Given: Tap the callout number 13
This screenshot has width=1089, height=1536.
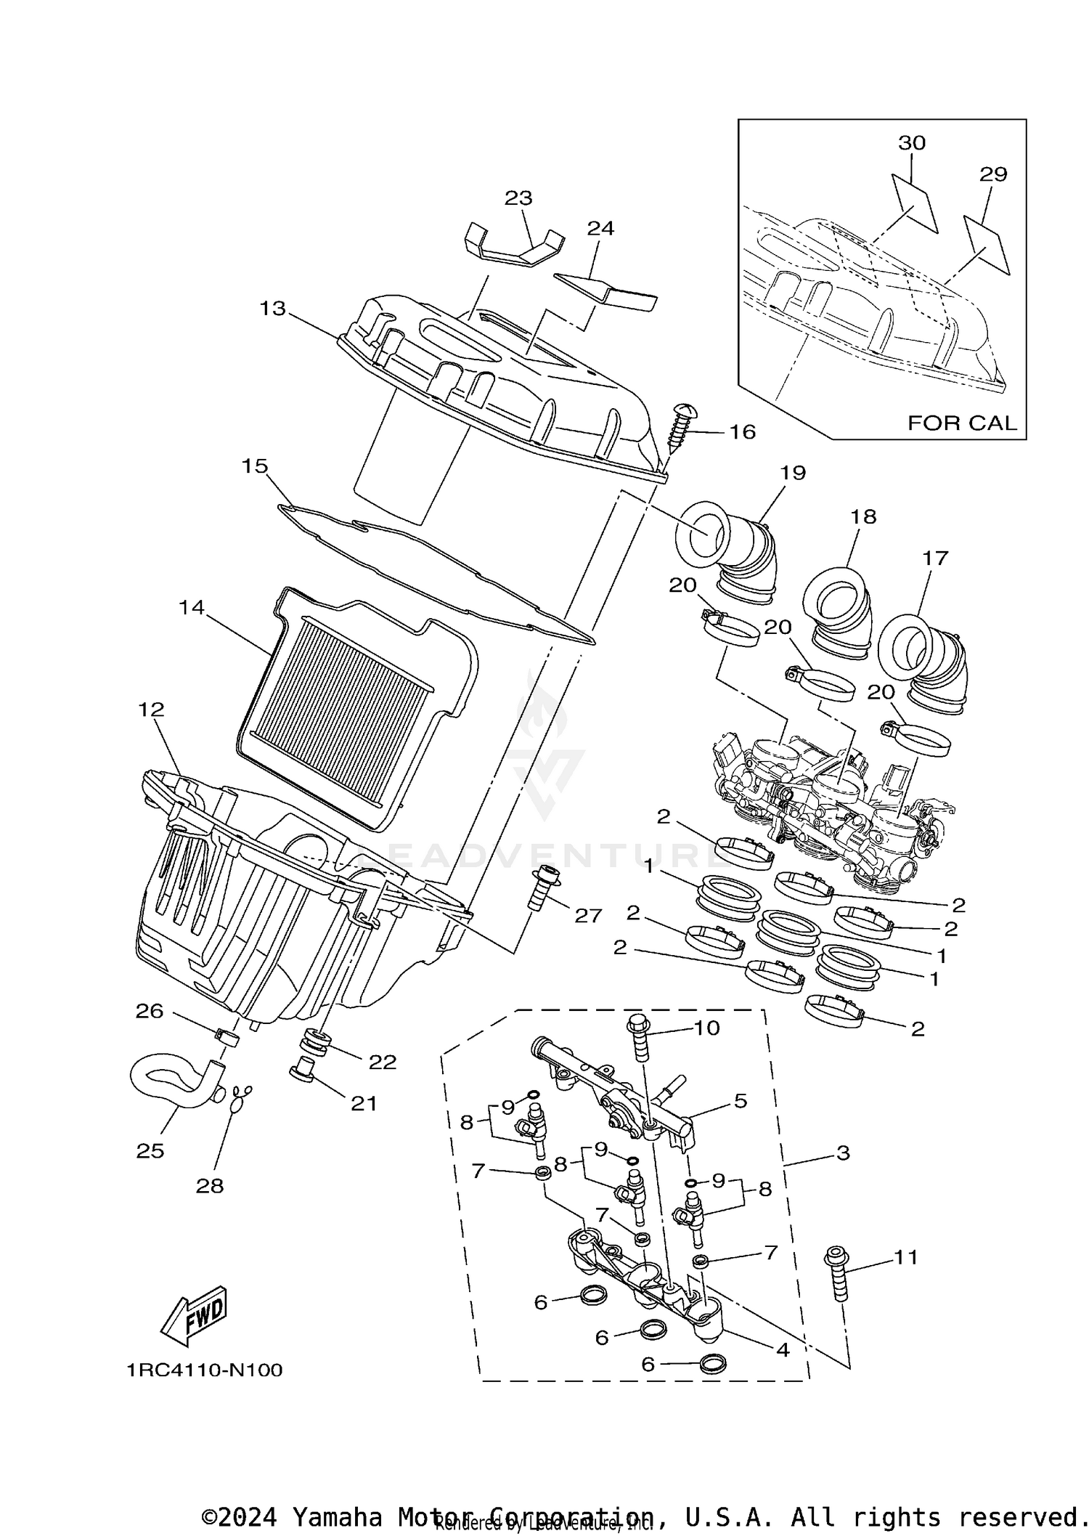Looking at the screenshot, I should [x=273, y=309].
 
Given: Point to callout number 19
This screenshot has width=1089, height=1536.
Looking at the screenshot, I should [x=793, y=473].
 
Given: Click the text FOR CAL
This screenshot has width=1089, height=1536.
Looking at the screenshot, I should [x=962, y=423].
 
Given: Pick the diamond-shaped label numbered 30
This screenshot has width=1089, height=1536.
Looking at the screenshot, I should [x=914, y=202].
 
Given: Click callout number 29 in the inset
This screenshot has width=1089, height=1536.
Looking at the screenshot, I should [x=993, y=174].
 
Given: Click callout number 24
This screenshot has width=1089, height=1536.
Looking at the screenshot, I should [x=600, y=228].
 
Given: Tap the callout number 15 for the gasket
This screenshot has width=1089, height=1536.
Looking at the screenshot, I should [x=255, y=466].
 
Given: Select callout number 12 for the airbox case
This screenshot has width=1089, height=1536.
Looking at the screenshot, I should [x=152, y=709].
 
